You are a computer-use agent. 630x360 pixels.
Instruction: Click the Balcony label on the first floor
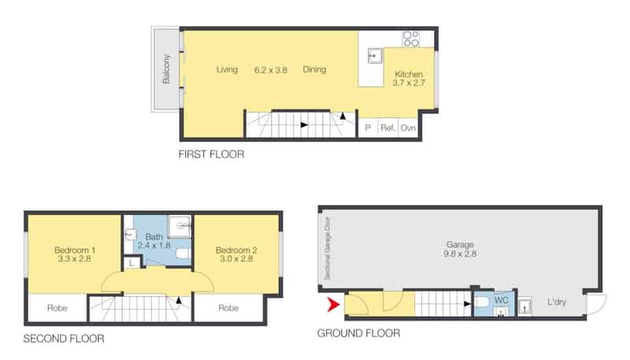coord(166,69)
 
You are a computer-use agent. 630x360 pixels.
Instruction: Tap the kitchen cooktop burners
coord(411,39)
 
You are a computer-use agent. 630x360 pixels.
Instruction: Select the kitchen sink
coord(375,56)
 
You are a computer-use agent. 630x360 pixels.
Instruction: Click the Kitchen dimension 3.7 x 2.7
coord(409,84)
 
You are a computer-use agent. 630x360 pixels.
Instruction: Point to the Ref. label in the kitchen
coord(387,128)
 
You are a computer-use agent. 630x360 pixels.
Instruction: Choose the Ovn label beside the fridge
coord(408,128)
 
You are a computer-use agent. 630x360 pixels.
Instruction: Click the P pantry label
coord(368,128)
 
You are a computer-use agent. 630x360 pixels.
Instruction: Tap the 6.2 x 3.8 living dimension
coord(270,70)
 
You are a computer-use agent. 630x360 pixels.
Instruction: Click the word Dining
coord(314,69)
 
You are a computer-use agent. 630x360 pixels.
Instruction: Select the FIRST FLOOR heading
coord(211,154)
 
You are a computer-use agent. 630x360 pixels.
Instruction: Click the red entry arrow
coord(334,305)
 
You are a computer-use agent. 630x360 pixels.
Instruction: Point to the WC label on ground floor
coord(501,299)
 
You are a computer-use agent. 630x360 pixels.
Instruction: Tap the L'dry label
coord(557,302)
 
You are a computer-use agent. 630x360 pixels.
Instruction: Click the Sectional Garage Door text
coord(327,248)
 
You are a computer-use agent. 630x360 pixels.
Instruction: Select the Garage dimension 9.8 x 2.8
coord(460,254)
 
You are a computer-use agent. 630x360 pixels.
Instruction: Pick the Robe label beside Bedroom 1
coord(57,308)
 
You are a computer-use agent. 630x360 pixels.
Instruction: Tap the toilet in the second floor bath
coord(183,254)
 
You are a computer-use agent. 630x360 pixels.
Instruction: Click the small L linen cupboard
coord(132,263)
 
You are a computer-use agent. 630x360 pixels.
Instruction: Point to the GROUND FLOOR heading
coord(358,333)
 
